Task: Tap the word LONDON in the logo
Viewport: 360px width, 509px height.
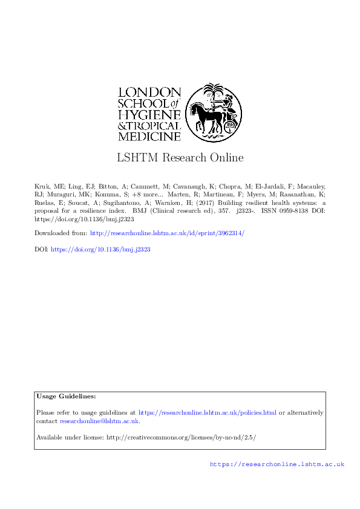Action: pos(149,92)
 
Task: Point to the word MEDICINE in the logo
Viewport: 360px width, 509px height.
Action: pos(149,137)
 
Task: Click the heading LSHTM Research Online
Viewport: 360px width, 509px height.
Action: pos(180,158)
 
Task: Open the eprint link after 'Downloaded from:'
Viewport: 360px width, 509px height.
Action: pos(167,233)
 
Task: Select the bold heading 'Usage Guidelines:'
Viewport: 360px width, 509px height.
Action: pos(66,396)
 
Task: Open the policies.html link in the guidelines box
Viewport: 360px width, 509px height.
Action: pos(208,413)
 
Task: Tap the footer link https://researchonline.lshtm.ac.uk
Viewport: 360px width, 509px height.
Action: pos(277,464)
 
